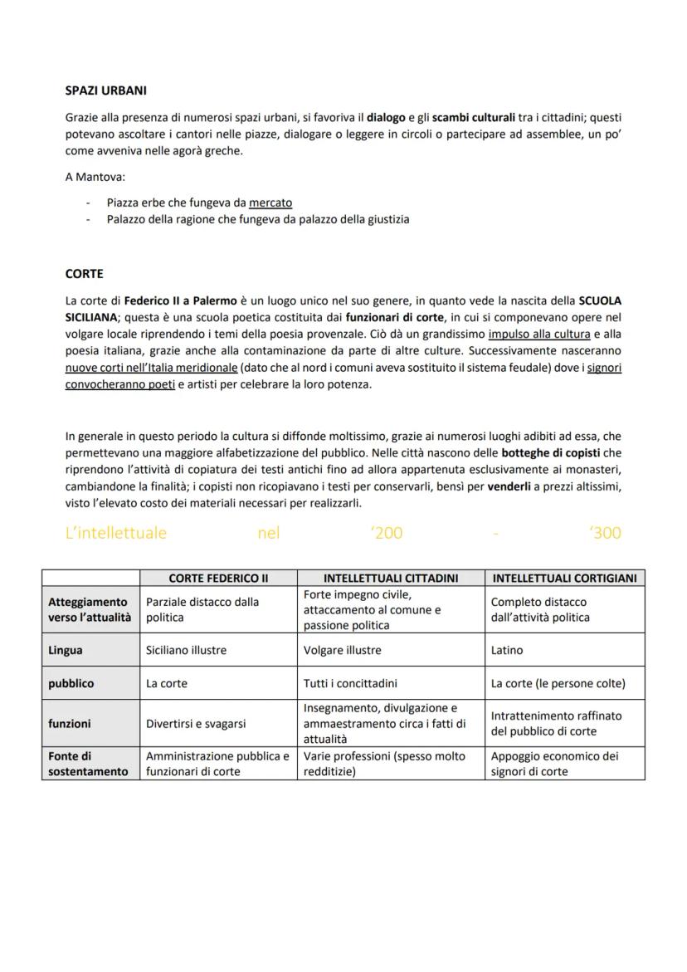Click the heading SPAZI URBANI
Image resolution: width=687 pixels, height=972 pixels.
coord(106,90)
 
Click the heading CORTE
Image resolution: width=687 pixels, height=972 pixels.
coord(84,273)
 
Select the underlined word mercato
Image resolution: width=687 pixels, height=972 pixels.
coord(270,203)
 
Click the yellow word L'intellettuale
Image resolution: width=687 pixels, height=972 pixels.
coord(116,533)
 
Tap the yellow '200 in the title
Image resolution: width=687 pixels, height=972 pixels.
coord(387,533)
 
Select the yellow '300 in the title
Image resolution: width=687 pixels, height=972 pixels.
coord(605,533)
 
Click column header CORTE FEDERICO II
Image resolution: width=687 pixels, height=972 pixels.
coord(218,579)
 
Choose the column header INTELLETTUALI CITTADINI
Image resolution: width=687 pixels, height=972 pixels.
coord(391,579)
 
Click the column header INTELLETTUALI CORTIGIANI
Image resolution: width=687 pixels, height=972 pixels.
coord(564,579)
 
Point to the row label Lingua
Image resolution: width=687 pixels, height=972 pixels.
coord(66,651)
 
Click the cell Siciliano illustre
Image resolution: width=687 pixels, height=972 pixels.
coord(186,651)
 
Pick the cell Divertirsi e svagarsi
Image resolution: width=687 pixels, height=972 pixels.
coord(196,724)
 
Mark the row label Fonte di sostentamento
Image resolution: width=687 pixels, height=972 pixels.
coord(88,764)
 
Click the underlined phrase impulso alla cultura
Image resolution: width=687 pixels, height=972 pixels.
coord(539,335)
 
